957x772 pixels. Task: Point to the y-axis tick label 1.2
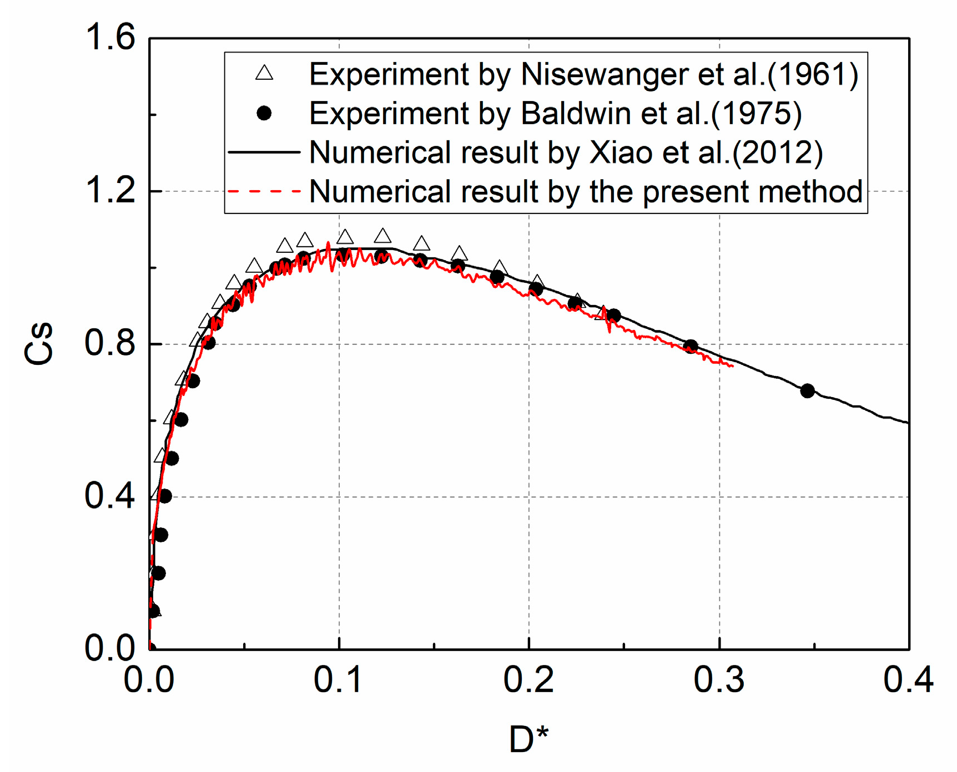pos(109,191)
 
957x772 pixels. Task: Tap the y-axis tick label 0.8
pos(109,343)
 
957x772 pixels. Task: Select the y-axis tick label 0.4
pos(109,496)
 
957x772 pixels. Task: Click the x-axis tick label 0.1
pos(338,679)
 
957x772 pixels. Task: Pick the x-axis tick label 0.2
pos(528,679)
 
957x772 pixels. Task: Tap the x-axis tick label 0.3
pos(719,679)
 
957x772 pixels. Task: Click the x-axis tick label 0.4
pos(908,679)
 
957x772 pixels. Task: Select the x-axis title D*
pos(528,739)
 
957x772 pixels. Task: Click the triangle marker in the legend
pos(264,73)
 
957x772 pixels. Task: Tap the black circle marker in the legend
pos(264,113)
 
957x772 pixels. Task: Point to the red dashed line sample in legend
pos(264,191)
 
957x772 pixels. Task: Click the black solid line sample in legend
pos(264,152)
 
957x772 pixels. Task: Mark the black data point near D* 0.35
pos(807,391)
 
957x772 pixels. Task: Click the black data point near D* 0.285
pos(691,347)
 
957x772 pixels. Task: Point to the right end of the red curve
pos(733,365)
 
